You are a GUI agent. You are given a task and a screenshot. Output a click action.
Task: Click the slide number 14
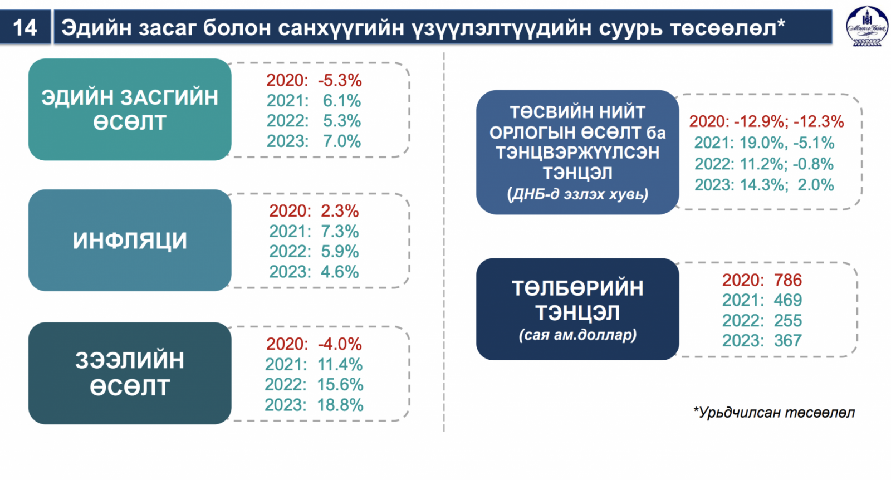[x=25, y=28]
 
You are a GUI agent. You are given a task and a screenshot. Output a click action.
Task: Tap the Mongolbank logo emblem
[x=867, y=26]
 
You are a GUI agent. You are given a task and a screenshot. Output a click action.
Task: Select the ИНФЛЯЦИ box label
[x=130, y=241]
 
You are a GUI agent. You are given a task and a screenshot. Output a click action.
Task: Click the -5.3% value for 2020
[x=340, y=80]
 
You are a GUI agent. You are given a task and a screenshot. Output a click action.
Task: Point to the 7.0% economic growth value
[x=342, y=141]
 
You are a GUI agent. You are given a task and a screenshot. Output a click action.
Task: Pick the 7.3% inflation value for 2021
[x=340, y=232]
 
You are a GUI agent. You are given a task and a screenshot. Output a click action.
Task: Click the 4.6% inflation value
[x=340, y=272]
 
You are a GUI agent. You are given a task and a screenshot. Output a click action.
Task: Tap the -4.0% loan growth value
[x=340, y=344]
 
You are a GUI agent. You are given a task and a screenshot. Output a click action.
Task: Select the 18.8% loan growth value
[x=340, y=405]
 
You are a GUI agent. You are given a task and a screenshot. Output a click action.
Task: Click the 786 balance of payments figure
[x=787, y=280]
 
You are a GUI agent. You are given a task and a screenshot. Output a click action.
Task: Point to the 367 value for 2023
[x=787, y=341]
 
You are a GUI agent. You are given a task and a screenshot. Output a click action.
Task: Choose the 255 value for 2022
[x=787, y=321]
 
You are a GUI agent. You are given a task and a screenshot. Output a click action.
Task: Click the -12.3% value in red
[x=819, y=122]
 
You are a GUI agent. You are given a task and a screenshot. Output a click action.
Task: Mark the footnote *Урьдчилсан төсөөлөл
[x=773, y=413]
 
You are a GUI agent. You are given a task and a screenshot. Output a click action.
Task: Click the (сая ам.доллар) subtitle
[x=577, y=335]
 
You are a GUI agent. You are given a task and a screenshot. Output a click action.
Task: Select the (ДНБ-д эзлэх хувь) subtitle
[x=577, y=194]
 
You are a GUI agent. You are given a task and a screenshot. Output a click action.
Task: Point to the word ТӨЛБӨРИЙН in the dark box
[x=577, y=288]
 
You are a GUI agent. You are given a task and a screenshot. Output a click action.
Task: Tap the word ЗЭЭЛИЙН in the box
[x=130, y=360]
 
